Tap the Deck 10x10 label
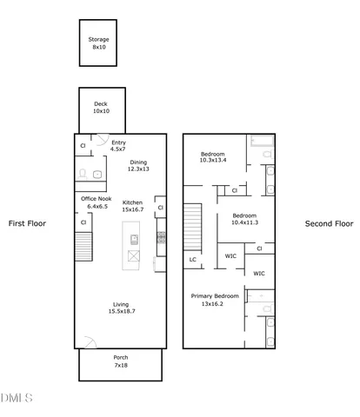point(101,108)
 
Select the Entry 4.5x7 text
point(118,147)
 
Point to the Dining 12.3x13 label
point(139,166)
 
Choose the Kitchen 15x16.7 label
point(132,205)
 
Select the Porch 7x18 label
point(121,361)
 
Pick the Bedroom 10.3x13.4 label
point(213,156)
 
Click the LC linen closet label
point(192,258)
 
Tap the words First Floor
point(27,223)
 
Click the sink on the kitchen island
point(134,239)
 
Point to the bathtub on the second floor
point(261,143)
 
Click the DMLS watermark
point(17,398)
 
